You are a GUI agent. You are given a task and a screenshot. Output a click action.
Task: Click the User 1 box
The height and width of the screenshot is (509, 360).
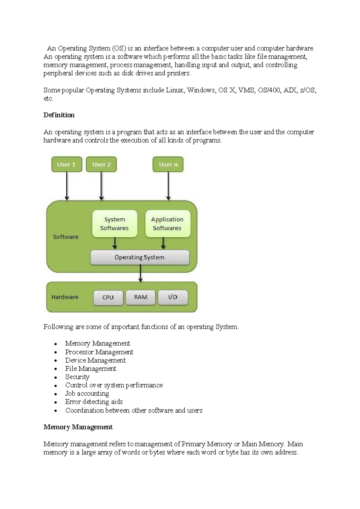pyautogui.click(x=67, y=164)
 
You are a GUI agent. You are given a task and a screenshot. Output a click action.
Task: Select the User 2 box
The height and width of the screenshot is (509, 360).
pyautogui.click(x=101, y=164)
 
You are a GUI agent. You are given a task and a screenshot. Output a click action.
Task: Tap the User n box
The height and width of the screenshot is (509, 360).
pyautogui.click(x=168, y=164)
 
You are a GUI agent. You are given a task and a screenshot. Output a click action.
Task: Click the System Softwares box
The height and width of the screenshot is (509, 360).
pyautogui.click(x=114, y=224)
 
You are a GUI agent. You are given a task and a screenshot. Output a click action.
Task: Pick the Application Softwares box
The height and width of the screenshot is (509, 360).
pyautogui.click(x=167, y=224)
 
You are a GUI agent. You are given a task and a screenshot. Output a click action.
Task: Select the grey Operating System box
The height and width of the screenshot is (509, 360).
pyautogui.click(x=139, y=257)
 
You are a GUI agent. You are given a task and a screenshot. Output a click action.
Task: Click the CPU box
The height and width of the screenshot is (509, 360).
pyautogui.click(x=108, y=297)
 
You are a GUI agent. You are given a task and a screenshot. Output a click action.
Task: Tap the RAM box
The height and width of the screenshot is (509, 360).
pyautogui.click(x=140, y=297)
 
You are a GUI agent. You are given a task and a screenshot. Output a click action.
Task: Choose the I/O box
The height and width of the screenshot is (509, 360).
pyautogui.click(x=173, y=297)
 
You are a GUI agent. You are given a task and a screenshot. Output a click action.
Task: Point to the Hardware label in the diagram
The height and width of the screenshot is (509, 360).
pyautogui.click(x=65, y=297)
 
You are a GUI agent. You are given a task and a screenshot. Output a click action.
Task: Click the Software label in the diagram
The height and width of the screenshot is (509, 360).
pyautogui.click(x=66, y=237)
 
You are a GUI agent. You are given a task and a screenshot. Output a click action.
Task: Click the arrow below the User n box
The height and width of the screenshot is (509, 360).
pyautogui.click(x=168, y=186)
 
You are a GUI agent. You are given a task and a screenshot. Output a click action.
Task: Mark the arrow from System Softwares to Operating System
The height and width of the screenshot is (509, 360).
pyautogui.click(x=115, y=243)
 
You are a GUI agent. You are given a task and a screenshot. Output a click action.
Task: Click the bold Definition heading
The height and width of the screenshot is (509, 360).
pyautogui.click(x=59, y=115)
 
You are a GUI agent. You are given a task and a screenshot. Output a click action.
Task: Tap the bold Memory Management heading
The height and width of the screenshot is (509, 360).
pyautogui.click(x=78, y=427)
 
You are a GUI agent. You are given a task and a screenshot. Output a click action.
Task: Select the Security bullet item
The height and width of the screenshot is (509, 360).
pyautogui.click(x=77, y=377)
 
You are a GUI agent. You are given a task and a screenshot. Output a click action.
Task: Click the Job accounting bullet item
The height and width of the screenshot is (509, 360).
pyautogui.click(x=87, y=394)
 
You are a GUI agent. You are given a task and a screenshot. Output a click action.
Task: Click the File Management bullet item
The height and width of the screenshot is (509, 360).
pyautogui.click(x=91, y=369)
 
